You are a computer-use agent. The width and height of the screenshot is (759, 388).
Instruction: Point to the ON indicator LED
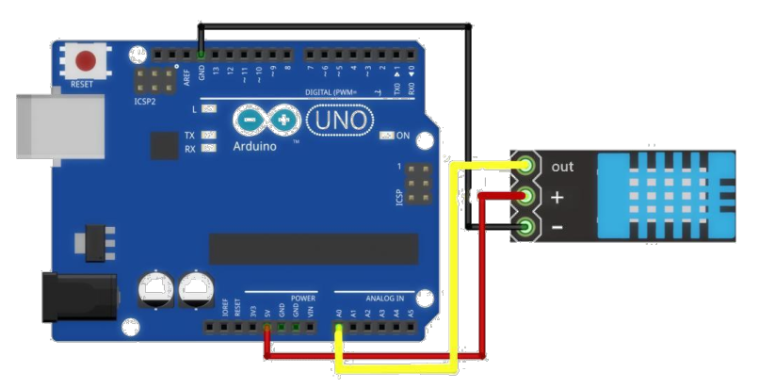click(x=385, y=136)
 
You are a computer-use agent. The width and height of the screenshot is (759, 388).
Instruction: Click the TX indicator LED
click(x=209, y=136)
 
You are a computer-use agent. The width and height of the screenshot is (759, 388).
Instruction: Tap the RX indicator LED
click(x=209, y=149)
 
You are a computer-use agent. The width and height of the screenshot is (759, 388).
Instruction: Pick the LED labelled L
click(x=209, y=111)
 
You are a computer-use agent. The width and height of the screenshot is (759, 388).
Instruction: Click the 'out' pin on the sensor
click(x=525, y=167)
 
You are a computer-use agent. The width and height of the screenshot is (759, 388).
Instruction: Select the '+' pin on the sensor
click(x=525, y=197)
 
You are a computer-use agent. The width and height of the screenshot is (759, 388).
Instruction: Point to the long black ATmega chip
click(x=314, y=249)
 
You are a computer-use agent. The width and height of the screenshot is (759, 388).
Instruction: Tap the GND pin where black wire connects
click(x=201, y=55)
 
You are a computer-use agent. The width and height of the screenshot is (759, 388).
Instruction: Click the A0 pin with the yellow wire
click(x=338, y=328)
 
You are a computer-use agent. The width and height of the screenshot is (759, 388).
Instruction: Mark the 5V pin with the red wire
click(x=267, y=328)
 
